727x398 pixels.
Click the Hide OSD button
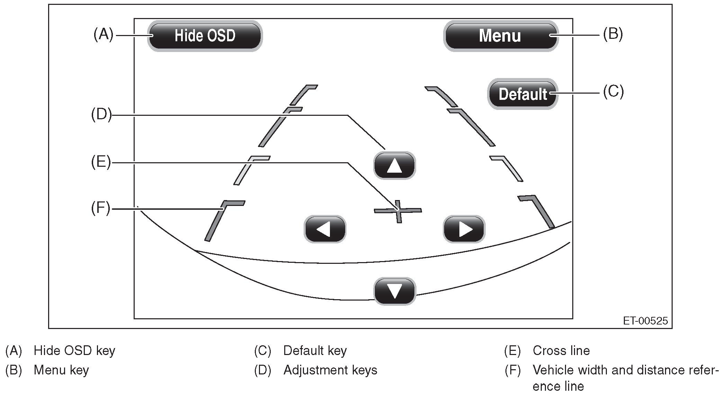tap(205, 36)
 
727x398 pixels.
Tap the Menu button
tap(500, 36)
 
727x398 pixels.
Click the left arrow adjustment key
tap(325, 229)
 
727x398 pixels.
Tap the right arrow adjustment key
tap(464, 229)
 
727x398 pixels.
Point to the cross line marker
tap(398, 210)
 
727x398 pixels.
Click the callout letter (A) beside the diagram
tap(103, 35)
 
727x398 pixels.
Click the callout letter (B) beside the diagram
tap(613, 34)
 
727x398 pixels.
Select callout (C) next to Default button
tap(613, 92)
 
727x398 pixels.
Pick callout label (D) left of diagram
tap(101, 114)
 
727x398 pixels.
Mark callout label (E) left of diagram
tap(101, 162)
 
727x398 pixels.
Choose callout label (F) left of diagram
tap(100, 208)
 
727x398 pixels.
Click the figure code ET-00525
tap(645, 321)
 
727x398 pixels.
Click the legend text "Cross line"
tap(561, 351)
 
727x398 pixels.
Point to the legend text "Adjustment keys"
tap(330, 370)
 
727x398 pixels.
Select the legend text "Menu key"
tap(61, 370)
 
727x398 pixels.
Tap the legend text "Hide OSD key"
tap(74, 351)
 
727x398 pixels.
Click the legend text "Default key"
tap(315, 351)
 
